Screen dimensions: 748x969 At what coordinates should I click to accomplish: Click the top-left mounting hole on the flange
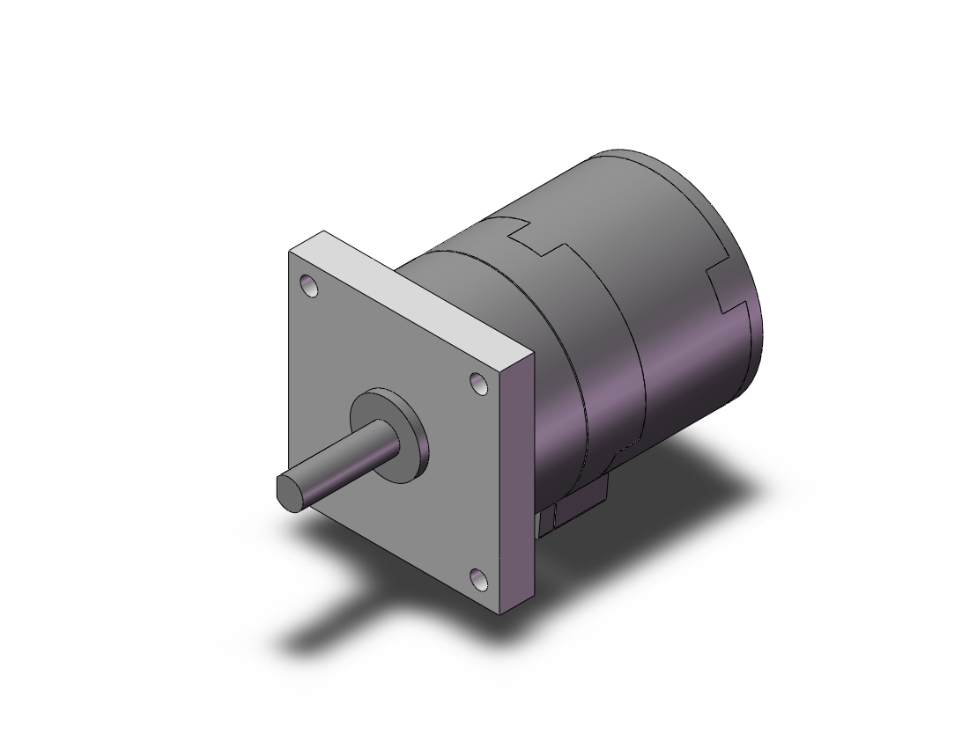pyautogui.click(x=308, y=285)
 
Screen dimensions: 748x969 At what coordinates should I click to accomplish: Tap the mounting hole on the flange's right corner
pyautogui.click(x=478, y=383)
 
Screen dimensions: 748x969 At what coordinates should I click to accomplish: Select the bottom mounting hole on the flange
pyautogui.click(x=478, y=578)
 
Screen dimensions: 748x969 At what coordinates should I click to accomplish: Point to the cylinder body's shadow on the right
pyautogui.click(x=705, y=493)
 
